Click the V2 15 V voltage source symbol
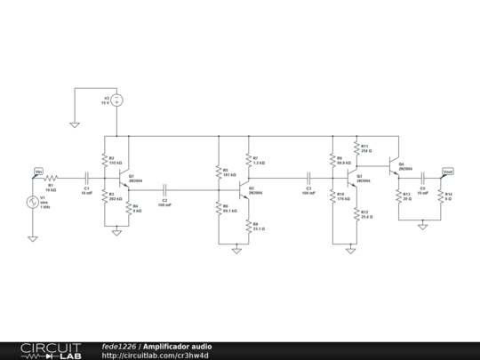click(x=116, y=102)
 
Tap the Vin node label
click(x=38, y=171)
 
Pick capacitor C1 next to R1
click(x=86, y=179)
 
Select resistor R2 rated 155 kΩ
click(x=105, y=162)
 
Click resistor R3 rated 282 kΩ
click(x=105, y=198)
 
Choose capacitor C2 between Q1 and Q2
click(x=165, y=190)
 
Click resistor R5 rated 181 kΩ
click(x=219, y=172)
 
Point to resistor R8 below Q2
click(x=247, y=227)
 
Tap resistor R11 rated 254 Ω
click(x=356, y=148)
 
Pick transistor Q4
click(x=394, y=164)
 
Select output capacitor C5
click(x=423, y=179)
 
